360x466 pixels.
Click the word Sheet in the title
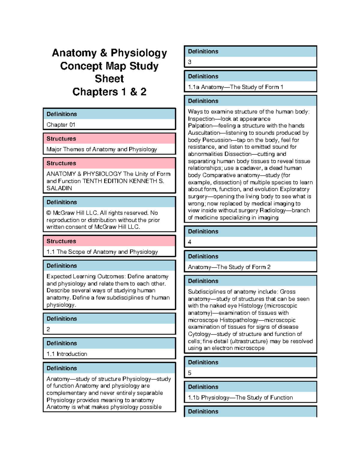pos(109,79)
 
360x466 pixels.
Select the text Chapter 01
pos(61,125)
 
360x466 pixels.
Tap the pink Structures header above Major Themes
pos(109,139)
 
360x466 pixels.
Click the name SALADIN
pos(59,188)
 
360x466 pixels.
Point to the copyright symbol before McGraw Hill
pos(49,213)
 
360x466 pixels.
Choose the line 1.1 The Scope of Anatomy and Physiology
pos(102,252)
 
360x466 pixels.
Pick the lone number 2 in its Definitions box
pos(48,329)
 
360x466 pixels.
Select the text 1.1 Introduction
pos(67,354)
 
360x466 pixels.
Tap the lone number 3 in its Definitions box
pos(190,62)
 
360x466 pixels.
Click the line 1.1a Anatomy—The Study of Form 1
pos(235,87)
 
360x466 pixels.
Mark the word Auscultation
pos(204,133)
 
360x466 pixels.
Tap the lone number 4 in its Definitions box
pos(190,242)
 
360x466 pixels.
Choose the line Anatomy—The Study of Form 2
pos(229,267)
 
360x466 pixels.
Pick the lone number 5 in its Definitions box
pos(190,373)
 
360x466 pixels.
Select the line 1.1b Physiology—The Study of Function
pos(240,398)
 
